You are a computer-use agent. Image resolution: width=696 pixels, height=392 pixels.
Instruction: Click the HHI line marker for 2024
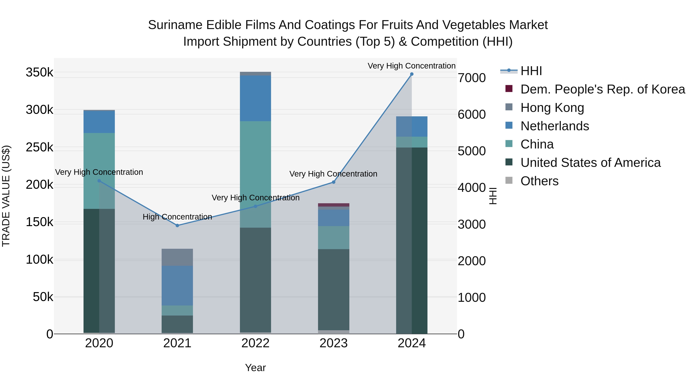[411, 74]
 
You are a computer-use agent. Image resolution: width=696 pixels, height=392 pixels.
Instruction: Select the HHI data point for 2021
[177, 225]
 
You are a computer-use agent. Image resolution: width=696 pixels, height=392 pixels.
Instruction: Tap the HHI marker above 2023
[333, 182]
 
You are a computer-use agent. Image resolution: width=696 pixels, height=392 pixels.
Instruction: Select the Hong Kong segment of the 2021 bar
[177, 257]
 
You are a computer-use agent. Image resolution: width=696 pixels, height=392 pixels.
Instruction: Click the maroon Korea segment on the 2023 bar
[333, 205]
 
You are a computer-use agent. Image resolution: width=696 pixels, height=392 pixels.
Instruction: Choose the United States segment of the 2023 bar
[333, 289]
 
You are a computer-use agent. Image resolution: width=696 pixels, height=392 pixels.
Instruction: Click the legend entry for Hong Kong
[552, 108]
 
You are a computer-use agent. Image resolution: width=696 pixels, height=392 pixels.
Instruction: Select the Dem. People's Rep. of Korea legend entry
[602, 89]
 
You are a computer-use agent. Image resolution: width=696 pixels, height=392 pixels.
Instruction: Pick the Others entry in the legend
[539, 181]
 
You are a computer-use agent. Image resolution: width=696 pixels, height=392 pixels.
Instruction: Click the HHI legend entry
[531, 71]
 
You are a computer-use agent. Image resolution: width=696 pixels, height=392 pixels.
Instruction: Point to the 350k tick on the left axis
[39, 73]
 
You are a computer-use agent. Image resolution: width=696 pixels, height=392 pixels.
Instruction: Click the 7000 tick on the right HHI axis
[472, 78]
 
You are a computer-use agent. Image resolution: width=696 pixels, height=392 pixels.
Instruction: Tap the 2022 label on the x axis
[255, 343]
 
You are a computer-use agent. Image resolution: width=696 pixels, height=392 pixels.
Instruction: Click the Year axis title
[255, 368]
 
